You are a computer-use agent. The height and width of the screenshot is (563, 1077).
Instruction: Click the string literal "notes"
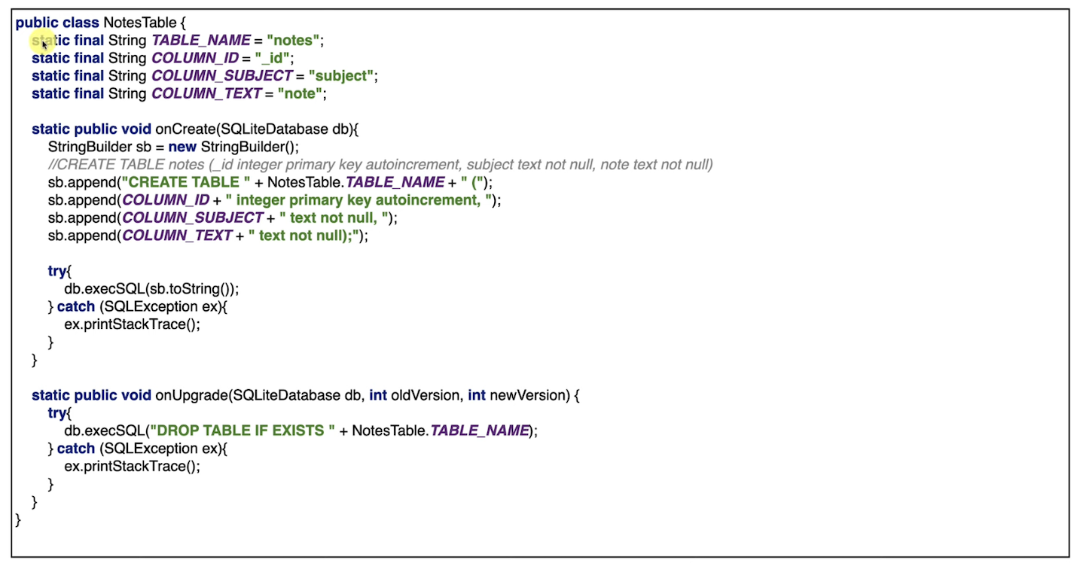pyautogui.click(x=294, y=41)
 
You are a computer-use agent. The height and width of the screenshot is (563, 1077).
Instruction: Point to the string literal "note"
pyautogui.click(x=301, y=94)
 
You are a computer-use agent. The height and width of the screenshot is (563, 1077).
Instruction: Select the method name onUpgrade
pyautogui.click(x=190, y=395)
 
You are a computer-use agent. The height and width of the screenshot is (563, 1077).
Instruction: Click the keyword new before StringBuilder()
pyautogui.click(x=182, y=147)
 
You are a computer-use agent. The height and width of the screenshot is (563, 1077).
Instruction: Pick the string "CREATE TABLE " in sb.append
pyautogui.click(x=185, y=182)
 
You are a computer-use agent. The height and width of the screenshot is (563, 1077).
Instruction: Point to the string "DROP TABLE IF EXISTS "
pyautogui.click(x=241, y=431)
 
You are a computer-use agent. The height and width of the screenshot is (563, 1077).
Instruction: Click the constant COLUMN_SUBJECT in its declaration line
pyautogui.click(x=221, y=76)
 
